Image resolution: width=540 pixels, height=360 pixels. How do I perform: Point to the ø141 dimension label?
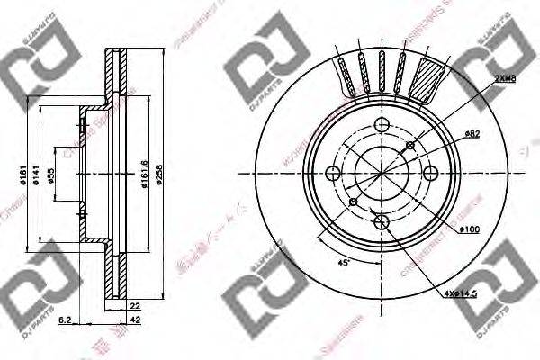(37, 177)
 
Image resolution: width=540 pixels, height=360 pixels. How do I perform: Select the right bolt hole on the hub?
(428, 174)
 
